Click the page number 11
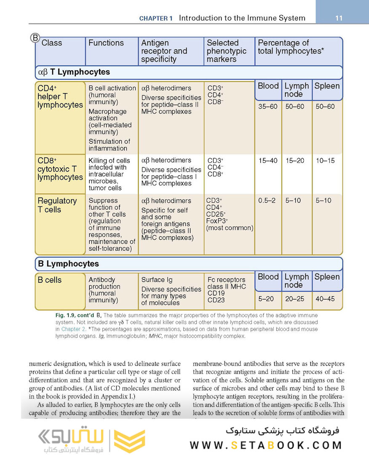[x=339, y=18]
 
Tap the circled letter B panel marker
[x=35, y=38]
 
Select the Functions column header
[x=106, y=43]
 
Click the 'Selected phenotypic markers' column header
[x=227, y=51]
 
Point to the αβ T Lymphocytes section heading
[x=74, y=72]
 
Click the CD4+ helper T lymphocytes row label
[x=60, y=97]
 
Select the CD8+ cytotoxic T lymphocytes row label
[x=60, y=169]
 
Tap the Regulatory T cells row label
[x=57, y=205]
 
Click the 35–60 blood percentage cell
[x=267, y=107]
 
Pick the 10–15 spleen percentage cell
[x=325, y=161]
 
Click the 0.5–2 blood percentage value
[x=267, y=201]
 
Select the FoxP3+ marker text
[x=217, y=221]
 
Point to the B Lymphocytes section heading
[x=68, y=264]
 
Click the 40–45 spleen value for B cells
[x=325, y=299]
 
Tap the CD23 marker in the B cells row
[x=216, y=300]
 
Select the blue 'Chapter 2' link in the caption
[x=72, y=329]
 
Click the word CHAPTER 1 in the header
[x=156, y=19]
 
